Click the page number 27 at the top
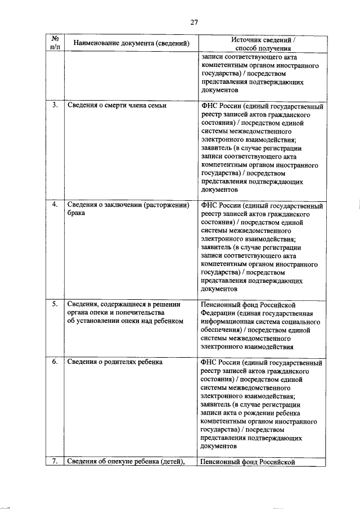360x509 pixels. pos(194,22)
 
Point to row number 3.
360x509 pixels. pos(56,105)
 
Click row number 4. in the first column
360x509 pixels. pos(56,205)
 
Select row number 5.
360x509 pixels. pos(56,304)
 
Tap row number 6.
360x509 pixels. pos(56,362)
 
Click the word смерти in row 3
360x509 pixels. pos(115,106)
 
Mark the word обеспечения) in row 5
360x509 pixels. pos(222,331)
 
